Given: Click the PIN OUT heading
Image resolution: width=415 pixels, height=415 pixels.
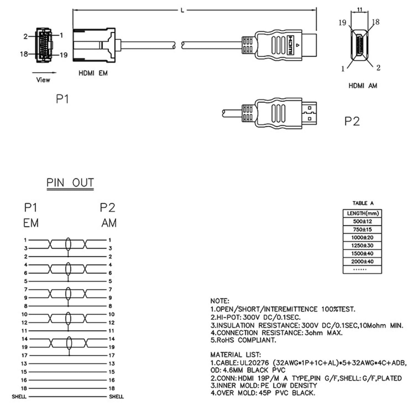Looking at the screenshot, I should [x=70, y=183].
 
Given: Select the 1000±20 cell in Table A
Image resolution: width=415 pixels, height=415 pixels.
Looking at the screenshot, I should [x=362, y=237].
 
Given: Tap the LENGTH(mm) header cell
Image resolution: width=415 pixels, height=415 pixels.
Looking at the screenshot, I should [x=362, y=213].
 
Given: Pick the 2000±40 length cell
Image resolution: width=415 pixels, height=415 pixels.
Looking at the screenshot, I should [x=362, y=261].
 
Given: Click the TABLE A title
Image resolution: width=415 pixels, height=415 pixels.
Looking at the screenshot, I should [x=363, y=203].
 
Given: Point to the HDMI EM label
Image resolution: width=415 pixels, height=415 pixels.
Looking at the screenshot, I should [x=93, y=73].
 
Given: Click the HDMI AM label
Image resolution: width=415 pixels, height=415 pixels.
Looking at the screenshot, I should [x=362, y=86].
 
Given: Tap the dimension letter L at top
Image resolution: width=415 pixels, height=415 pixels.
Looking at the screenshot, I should [x=182, y=11].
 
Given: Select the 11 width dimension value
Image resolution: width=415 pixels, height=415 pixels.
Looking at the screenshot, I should [x=359, y=10].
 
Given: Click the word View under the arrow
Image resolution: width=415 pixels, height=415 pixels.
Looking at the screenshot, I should [x=43, y=80].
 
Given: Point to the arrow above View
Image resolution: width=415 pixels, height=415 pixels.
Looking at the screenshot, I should [x=44, y=73].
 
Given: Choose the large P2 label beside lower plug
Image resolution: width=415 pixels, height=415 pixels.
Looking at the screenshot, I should [x=352, y=121].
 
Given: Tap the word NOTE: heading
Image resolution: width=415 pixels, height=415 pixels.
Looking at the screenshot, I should [x=220, y=301].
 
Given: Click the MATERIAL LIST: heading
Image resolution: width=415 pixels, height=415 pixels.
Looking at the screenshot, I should [x=235, y=354].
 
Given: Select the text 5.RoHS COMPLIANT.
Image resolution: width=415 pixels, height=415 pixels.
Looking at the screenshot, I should [x=243, y=340].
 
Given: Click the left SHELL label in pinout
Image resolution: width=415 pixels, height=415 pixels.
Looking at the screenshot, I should [x=19, y=397].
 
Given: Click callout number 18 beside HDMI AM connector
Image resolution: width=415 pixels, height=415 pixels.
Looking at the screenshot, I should [x=376, y=22].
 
